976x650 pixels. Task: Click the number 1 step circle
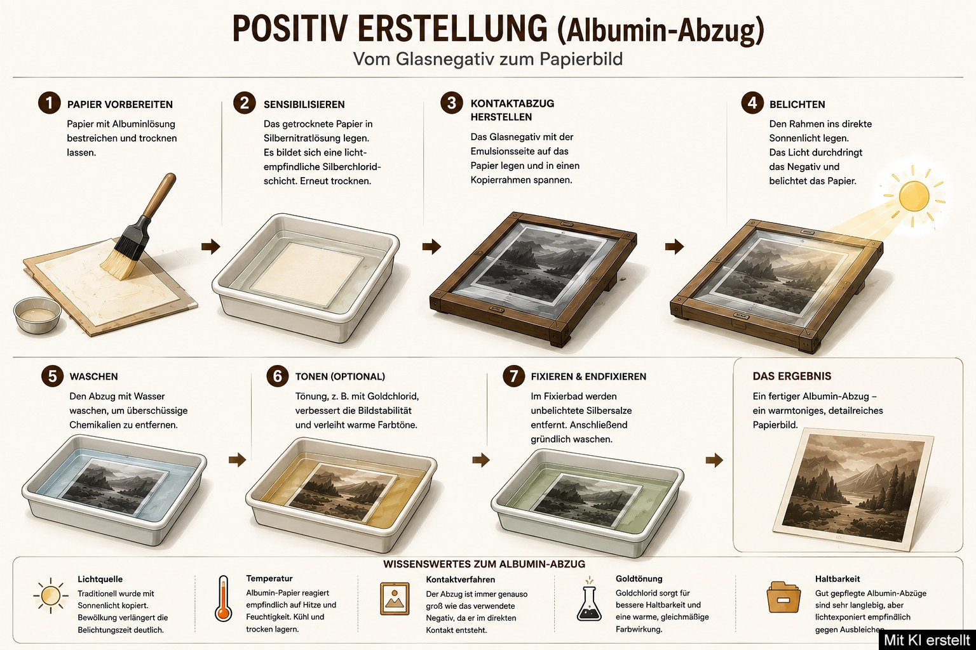tap(49, 103)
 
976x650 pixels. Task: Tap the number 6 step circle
tap(278, 376)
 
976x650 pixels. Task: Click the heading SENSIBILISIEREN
tap(304, 105)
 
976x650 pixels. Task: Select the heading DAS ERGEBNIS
tap(792, 376)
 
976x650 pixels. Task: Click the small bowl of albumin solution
tap(37, 315)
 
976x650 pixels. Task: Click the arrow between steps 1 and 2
tap(211, 246)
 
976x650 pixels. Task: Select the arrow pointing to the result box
tap(714, 460)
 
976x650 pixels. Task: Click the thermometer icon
tap(224, 598)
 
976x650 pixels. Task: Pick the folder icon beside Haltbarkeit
tap(783, 597)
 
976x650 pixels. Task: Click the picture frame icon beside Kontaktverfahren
tap(395, 599)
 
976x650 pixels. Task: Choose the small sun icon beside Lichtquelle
tap(51, 595)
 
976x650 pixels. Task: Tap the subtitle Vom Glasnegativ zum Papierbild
tap(487, 59)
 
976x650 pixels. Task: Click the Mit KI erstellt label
tap(927, 640)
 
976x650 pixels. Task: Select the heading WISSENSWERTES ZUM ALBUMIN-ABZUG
tap(484, 564)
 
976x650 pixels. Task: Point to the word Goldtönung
tap(639, 579)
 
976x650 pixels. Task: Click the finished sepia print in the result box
tap(853, 490)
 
